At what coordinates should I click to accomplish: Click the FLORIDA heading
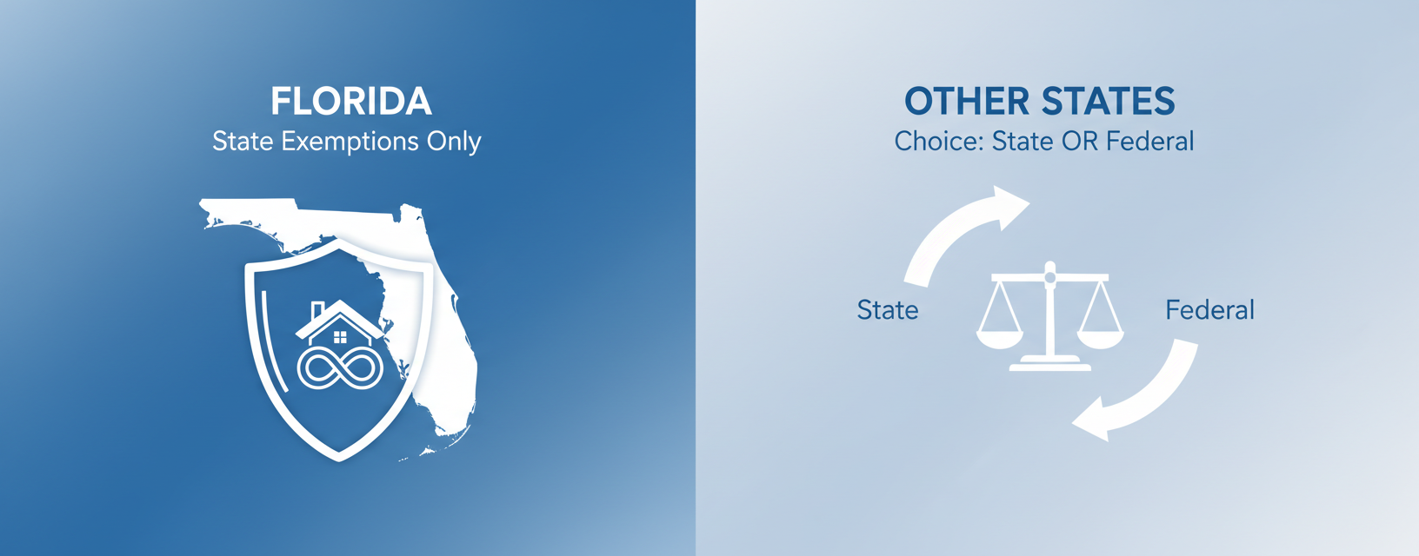351,102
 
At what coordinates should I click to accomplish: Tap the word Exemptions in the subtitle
350,142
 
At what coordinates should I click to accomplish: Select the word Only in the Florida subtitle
454,142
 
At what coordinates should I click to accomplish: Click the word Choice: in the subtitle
939,142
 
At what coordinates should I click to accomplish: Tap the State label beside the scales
888,310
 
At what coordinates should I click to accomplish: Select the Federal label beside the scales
1210,310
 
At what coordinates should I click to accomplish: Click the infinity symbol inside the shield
340,368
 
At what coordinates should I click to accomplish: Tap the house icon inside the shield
340,323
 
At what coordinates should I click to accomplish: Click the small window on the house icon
340,337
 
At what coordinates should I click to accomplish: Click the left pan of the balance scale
1000,340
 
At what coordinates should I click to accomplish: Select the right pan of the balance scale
1101,340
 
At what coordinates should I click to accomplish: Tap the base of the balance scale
1049,363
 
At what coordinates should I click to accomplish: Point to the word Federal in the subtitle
1149,142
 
